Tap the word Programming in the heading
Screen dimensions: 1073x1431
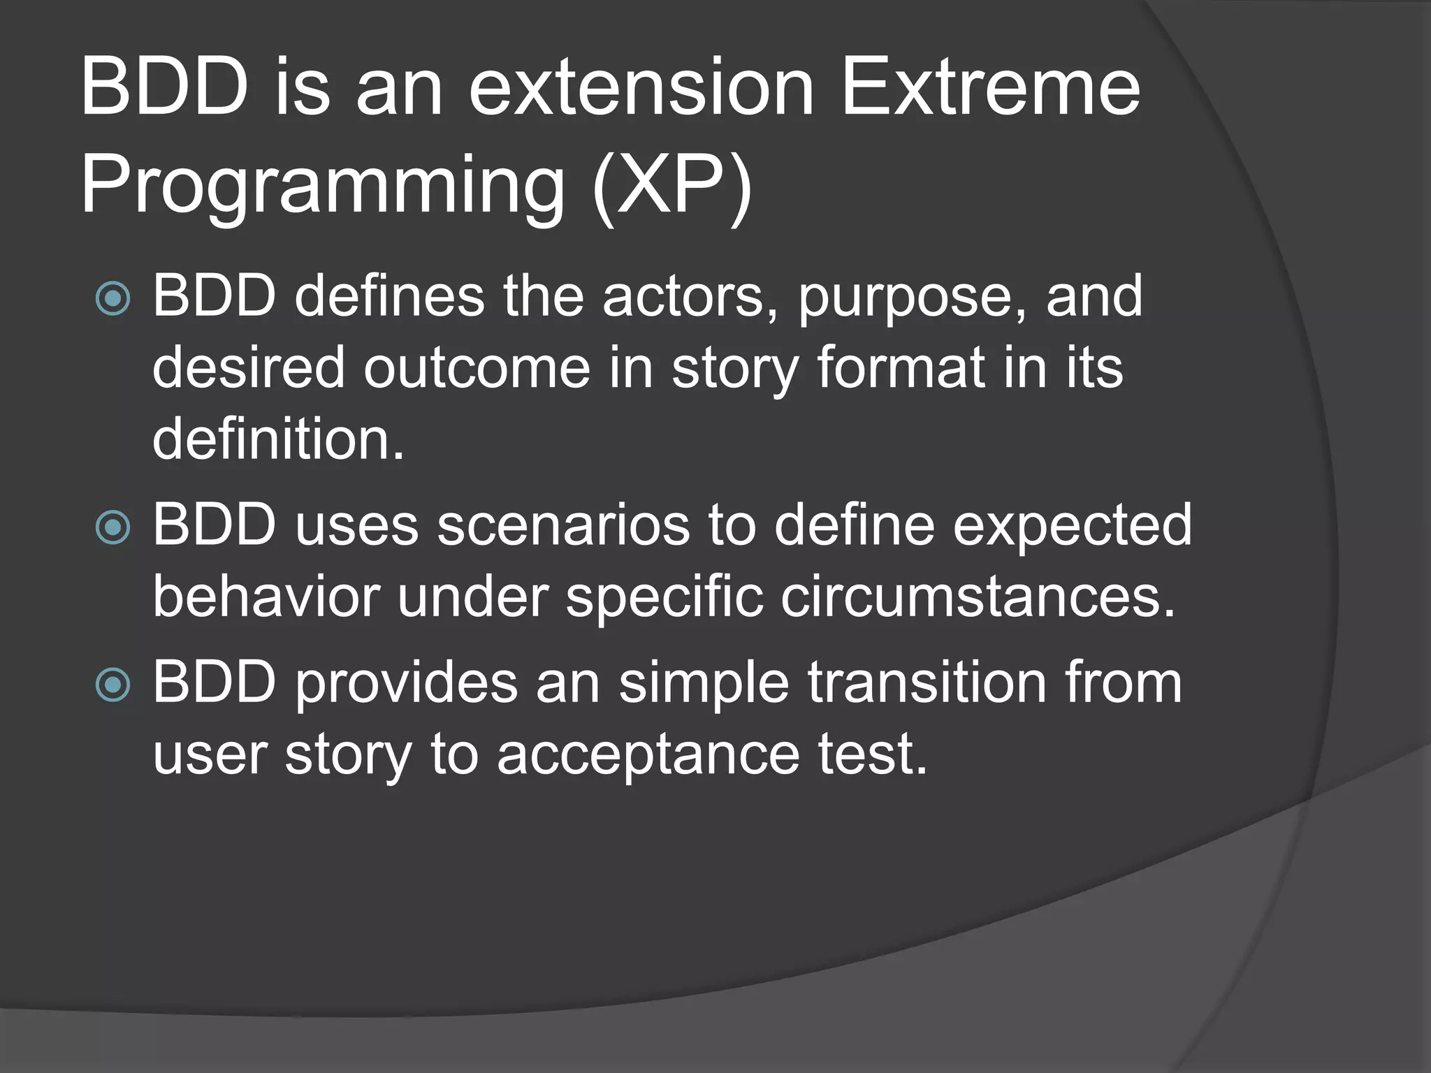click(322, 187)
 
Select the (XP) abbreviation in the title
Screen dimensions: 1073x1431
click(671, 187)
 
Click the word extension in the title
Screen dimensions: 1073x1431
click(641, 89)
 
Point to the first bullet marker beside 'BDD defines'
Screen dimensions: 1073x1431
click(112, 300)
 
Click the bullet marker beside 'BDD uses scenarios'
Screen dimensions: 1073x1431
click(112, 527)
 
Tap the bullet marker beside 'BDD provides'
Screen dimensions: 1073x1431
click(112, 685)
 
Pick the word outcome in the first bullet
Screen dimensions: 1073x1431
click(477, 367)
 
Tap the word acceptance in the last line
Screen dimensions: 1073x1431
click(648, 756)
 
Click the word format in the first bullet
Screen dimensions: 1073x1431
click(901, 367)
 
